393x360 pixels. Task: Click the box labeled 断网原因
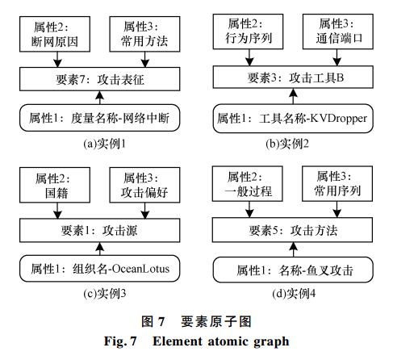55,34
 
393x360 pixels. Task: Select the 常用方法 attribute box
144,34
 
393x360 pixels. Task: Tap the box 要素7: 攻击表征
99,79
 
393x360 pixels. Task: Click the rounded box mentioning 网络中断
99,118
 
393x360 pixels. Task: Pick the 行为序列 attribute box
248,31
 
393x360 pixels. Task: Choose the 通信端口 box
338,31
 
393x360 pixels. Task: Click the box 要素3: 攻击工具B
293,77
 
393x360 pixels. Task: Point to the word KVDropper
339,119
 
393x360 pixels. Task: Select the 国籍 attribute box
55,185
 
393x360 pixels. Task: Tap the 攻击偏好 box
144,185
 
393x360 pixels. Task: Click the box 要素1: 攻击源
99,230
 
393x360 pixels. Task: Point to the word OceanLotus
140,269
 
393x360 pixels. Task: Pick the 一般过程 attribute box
247,183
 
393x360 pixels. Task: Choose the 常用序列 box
337,183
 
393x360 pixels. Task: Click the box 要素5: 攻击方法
292,230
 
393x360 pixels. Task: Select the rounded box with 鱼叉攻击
293,270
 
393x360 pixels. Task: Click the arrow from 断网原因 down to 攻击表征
57,60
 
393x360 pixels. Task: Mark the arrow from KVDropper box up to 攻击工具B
293,97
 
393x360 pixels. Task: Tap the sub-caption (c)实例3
104,293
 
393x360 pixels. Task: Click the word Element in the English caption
178,341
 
